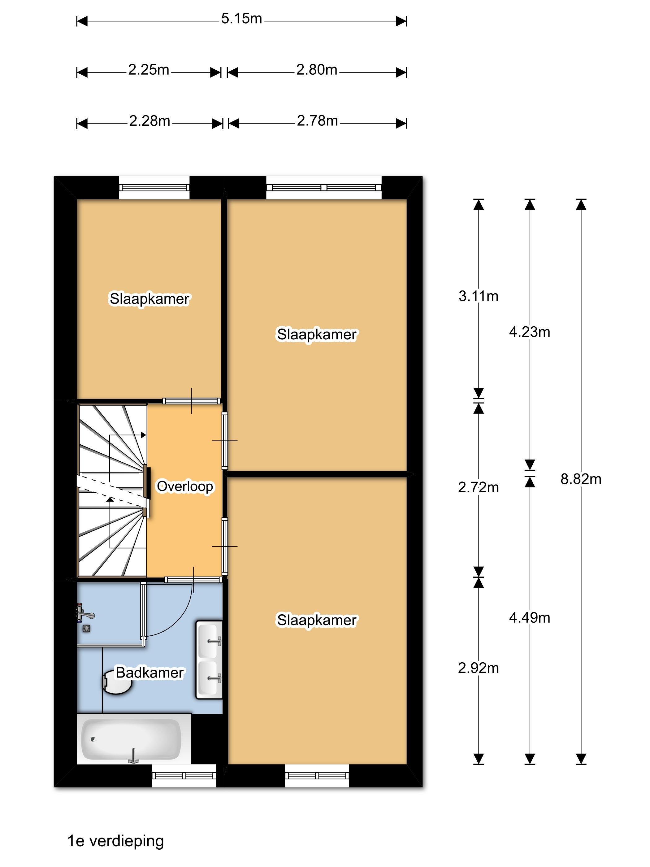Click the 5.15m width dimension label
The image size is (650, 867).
point(241,19)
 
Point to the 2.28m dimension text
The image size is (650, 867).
point(150,121)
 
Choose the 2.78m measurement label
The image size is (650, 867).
point(317,121)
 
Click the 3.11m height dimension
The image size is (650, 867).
point(479,296)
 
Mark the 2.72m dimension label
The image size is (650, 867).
point(479,488)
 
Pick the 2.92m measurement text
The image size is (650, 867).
point(479,668)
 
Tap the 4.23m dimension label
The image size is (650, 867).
point(530,332)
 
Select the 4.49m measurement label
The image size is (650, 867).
point(530,618)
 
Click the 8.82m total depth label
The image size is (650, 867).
point(581,479)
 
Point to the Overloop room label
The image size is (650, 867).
point(185,486)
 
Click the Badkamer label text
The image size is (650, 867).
point(150,673)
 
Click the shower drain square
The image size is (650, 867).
point(87,629)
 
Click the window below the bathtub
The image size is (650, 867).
point(184,776)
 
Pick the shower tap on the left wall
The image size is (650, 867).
point(84,613)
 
